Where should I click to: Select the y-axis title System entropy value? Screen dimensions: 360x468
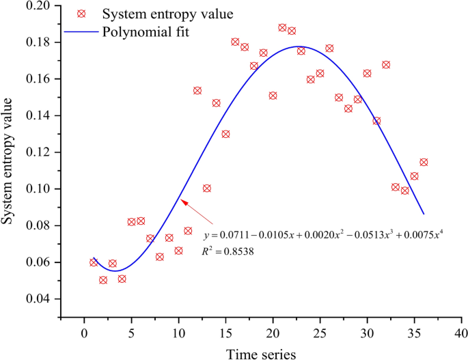[x=10, y=161]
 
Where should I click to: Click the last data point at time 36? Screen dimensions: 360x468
[x=424, y=163]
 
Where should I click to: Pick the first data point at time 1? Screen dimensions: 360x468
[x=94, y=262]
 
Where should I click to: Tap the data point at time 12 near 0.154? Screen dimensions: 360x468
[x=197, y=91]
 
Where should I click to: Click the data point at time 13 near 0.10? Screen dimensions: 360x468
[x=207, y=189]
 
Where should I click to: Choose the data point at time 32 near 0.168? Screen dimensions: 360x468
[x=386, y=65]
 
